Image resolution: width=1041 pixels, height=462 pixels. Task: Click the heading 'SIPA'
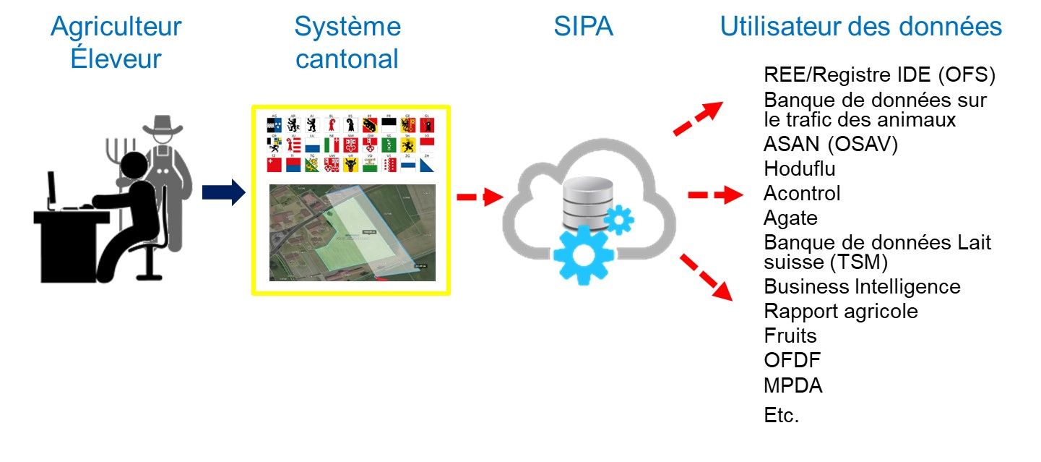coord(583,27)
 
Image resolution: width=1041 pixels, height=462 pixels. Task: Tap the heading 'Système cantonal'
coord(347,43)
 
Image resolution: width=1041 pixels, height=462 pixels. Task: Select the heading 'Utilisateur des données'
coord(860,27)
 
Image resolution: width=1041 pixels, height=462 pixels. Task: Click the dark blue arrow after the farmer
coord(223,194)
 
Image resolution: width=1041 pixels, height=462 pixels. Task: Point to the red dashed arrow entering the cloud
coord(480,196)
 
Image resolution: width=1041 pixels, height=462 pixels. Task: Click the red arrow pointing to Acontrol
coord(714,195)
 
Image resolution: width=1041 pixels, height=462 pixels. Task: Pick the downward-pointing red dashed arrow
coord(706,275)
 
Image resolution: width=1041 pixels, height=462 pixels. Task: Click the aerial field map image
coord(353,232)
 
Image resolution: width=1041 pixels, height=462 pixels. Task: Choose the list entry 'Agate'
coord(790,218)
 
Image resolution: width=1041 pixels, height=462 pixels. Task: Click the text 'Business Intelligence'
coord(862,287)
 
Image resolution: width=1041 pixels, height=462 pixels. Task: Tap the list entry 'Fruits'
coord(790,335)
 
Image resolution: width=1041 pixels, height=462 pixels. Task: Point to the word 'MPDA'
coord(793,385)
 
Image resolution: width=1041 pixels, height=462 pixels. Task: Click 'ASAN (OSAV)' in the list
coord(830,145)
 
